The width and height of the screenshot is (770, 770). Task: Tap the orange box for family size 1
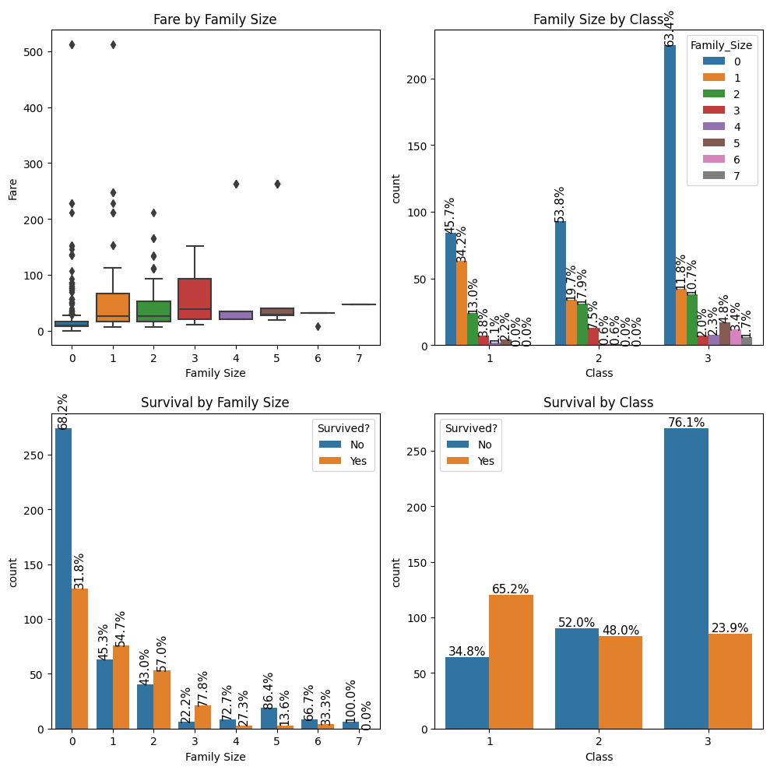pos(113,308)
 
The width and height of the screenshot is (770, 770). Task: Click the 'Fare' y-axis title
pos(12,188)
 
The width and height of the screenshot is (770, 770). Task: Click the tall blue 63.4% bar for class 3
pos(670,195)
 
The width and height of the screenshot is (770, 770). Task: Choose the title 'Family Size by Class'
pos(598,19)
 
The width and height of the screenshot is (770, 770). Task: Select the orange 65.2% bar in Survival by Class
pos(511,662)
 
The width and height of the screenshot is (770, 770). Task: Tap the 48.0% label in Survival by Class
pos(621,630)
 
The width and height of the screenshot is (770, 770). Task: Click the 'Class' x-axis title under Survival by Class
pos(598,756)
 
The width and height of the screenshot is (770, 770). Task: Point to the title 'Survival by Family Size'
pos(215,403)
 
